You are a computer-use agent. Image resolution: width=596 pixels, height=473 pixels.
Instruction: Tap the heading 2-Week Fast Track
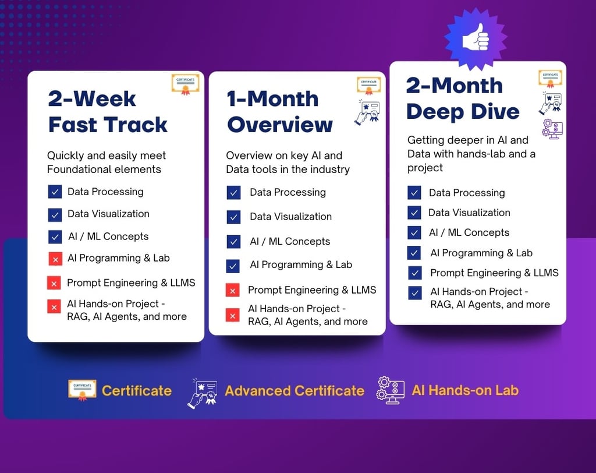tap(108, 112)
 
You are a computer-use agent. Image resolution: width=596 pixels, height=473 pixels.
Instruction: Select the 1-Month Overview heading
tap(279, 112)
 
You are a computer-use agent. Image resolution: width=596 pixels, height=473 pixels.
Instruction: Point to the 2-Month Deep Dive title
tap(463, 98)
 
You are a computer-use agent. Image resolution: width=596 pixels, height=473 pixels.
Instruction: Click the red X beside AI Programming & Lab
tap(55, 259)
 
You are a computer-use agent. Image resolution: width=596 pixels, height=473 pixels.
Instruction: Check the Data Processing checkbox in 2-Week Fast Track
tap(55, 192)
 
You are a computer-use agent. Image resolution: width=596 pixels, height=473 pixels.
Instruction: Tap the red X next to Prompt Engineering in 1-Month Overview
tap(233, 290)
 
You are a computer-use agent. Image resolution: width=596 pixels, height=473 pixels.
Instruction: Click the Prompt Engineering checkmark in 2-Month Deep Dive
tap(414, 273)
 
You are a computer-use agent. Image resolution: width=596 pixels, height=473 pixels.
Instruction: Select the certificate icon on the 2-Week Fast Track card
tap(186, 84)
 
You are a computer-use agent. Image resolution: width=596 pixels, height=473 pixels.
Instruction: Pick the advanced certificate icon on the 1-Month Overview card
tap(367, 112)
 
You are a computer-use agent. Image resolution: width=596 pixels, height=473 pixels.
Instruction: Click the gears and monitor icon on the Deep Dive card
tap(552, 129)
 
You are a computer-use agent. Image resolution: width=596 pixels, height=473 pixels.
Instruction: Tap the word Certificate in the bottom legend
tap(137, 391)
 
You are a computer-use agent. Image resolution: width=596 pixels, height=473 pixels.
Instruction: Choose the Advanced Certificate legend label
tap(295, 391)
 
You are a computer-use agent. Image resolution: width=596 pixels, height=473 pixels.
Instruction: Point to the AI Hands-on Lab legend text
tap(465, 390)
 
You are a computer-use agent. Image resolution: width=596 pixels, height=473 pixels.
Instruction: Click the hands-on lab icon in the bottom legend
tap(391, 390)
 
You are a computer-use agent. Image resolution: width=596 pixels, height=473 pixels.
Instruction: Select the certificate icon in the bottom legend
tap(82, 390)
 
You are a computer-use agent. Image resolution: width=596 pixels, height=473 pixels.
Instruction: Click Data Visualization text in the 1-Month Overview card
tap(291, 217)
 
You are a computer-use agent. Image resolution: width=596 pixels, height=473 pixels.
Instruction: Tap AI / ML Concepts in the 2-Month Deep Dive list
tap(469, 232)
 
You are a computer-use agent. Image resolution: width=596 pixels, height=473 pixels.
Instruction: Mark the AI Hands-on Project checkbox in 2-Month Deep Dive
tap(415, 293)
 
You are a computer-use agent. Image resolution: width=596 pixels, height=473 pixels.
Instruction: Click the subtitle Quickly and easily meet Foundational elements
tap(107, 163)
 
